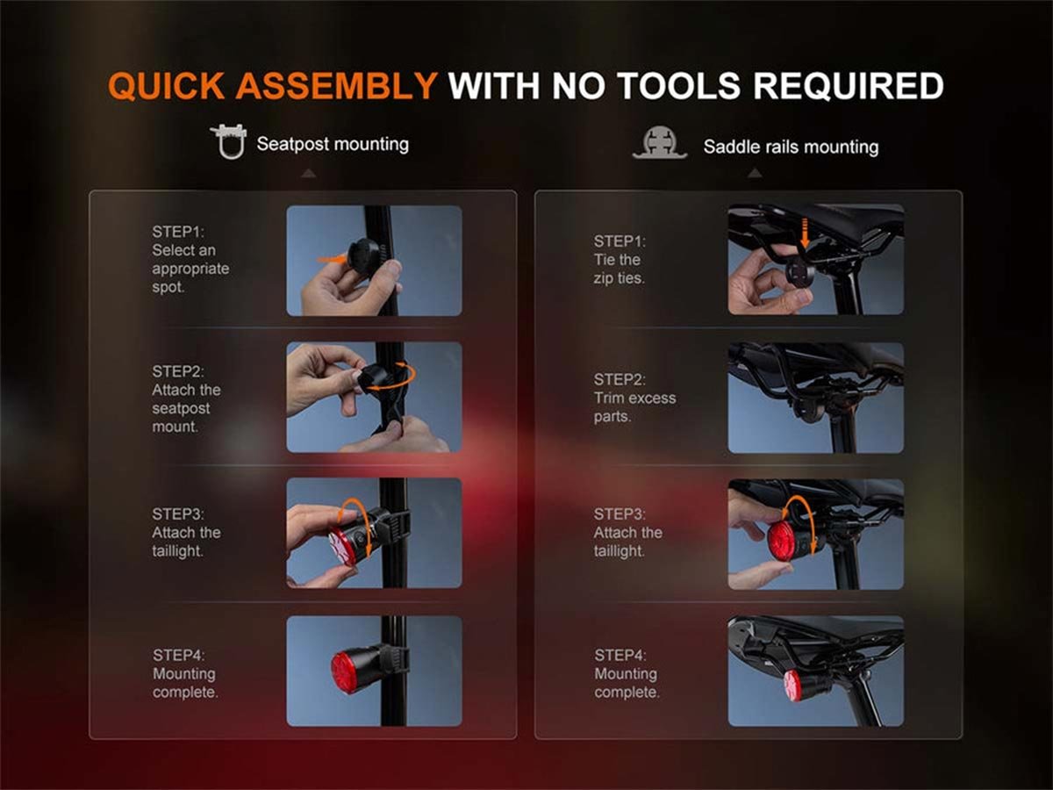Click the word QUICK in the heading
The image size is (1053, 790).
tap(167, 86)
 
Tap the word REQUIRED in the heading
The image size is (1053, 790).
tap(849, 86)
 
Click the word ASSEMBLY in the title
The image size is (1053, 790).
tap(336, 86)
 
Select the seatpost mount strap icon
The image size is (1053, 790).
tap(229, 141)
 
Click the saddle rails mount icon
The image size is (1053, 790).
tap(660, 142)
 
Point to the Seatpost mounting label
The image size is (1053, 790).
tap(333, 144)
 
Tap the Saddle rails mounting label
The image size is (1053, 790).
tap(791, 147)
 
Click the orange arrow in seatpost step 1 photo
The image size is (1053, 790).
tap(332, 260)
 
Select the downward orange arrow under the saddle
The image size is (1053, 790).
tap(805, 233)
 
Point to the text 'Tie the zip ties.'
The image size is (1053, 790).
tap(620, 269)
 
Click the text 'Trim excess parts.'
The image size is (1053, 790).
tap(634, 407)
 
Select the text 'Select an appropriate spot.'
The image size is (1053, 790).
tap(190, 269)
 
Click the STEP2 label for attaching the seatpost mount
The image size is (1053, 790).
tap(178, 371)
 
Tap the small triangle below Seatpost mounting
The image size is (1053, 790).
tap(309, 174)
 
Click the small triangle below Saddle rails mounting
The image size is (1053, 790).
tap(755, 173)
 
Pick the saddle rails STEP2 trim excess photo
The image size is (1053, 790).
tap(815, 398)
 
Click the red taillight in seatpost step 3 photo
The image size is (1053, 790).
tap(342, 546)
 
